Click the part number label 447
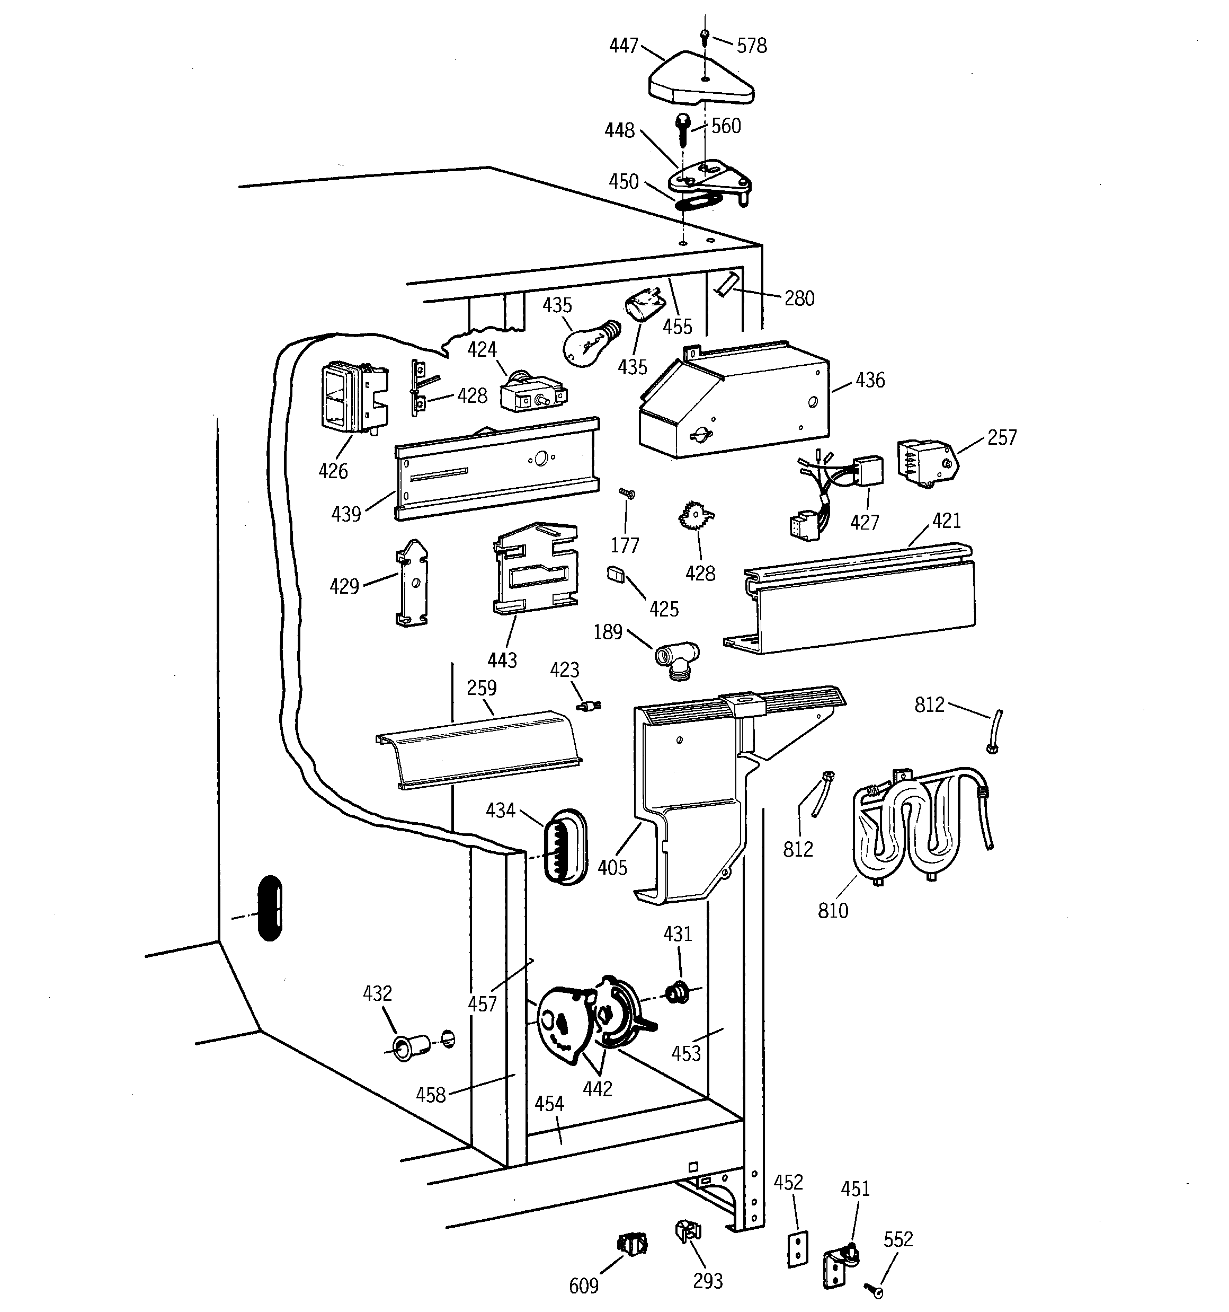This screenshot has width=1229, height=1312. coord(624,46)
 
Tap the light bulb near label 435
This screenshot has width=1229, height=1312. coord(587,342)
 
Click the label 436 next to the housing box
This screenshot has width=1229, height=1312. coord(869,380)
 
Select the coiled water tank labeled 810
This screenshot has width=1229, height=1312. coord(917,828)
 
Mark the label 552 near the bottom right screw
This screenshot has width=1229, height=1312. coord(898,1239)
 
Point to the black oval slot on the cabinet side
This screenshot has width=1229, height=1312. coord(270,908)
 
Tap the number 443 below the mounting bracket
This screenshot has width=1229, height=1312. coord(502,659)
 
